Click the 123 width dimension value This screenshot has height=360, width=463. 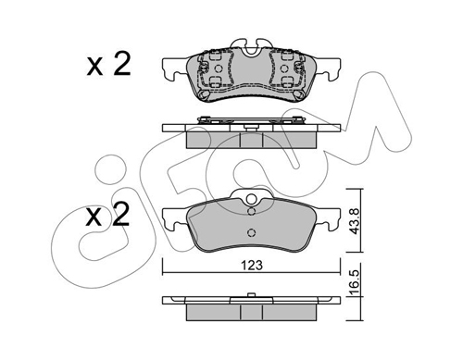(x=252, y=265)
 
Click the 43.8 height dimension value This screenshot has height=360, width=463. (x=355, y=221)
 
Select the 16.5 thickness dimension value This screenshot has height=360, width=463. (x=355, y=282)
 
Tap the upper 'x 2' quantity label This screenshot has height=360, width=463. (x=108, y=65)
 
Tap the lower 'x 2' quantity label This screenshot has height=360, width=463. (x=107, y=214)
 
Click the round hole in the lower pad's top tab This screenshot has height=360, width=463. (x=252, y=199)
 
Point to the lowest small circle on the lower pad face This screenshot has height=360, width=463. (x=252, y=232)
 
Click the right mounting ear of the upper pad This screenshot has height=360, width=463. (x=328, y=69)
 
